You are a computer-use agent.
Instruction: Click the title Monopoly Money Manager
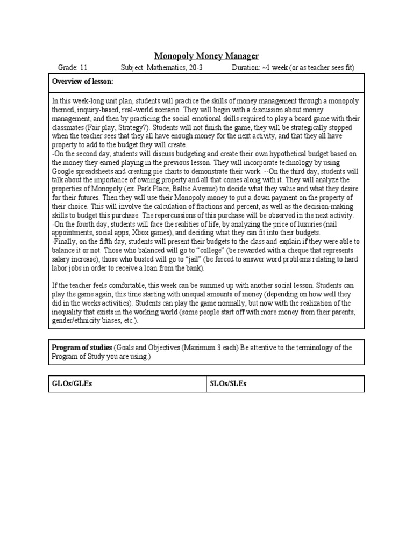point(206,55)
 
